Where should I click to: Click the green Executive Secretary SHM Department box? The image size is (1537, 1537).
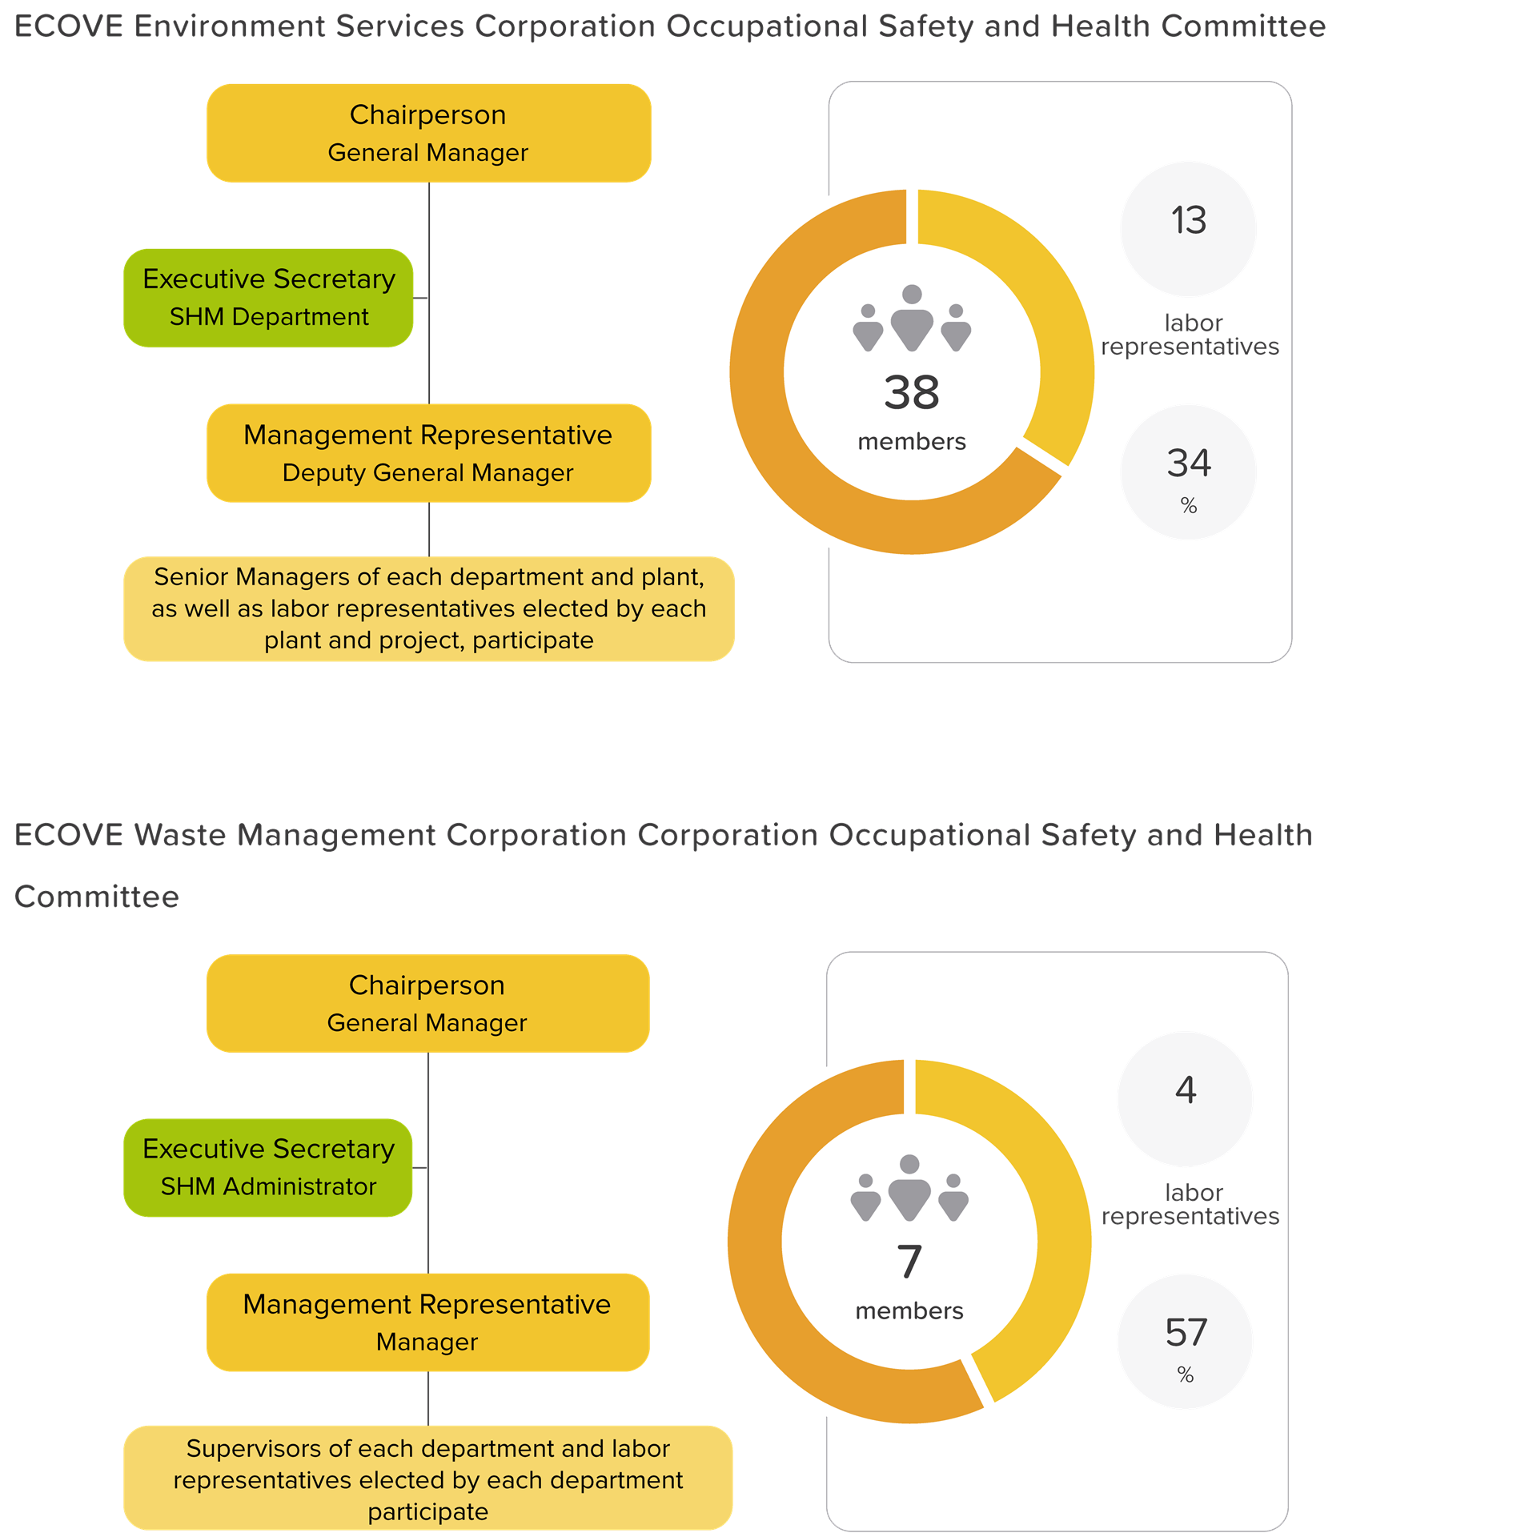[x=268, y=298]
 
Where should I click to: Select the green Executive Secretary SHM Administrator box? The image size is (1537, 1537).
[x=268, y=1167]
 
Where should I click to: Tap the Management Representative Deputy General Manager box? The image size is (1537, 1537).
[x=428, y=453]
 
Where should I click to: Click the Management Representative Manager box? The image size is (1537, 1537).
[x=427, y=1322]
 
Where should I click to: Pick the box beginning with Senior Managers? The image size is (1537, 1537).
[x=428, y=608]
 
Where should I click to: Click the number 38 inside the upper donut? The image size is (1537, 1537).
[x=911, y=393]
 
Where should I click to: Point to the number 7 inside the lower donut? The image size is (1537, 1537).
[x=909, y=1262]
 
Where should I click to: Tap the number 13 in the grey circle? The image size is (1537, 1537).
[x=1188, y=220]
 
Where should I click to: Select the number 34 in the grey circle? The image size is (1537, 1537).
[x=1188, y=463]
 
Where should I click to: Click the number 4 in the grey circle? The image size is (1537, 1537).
[x=1186, y=1090]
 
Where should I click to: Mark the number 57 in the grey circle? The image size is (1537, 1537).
[x=1186, y=1332]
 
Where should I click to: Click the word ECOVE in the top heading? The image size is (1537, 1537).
[x=69, y=26]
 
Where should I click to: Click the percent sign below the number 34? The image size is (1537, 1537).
[x=1188, y=505]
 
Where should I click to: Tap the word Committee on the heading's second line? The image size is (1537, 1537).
[x=97, y=897]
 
